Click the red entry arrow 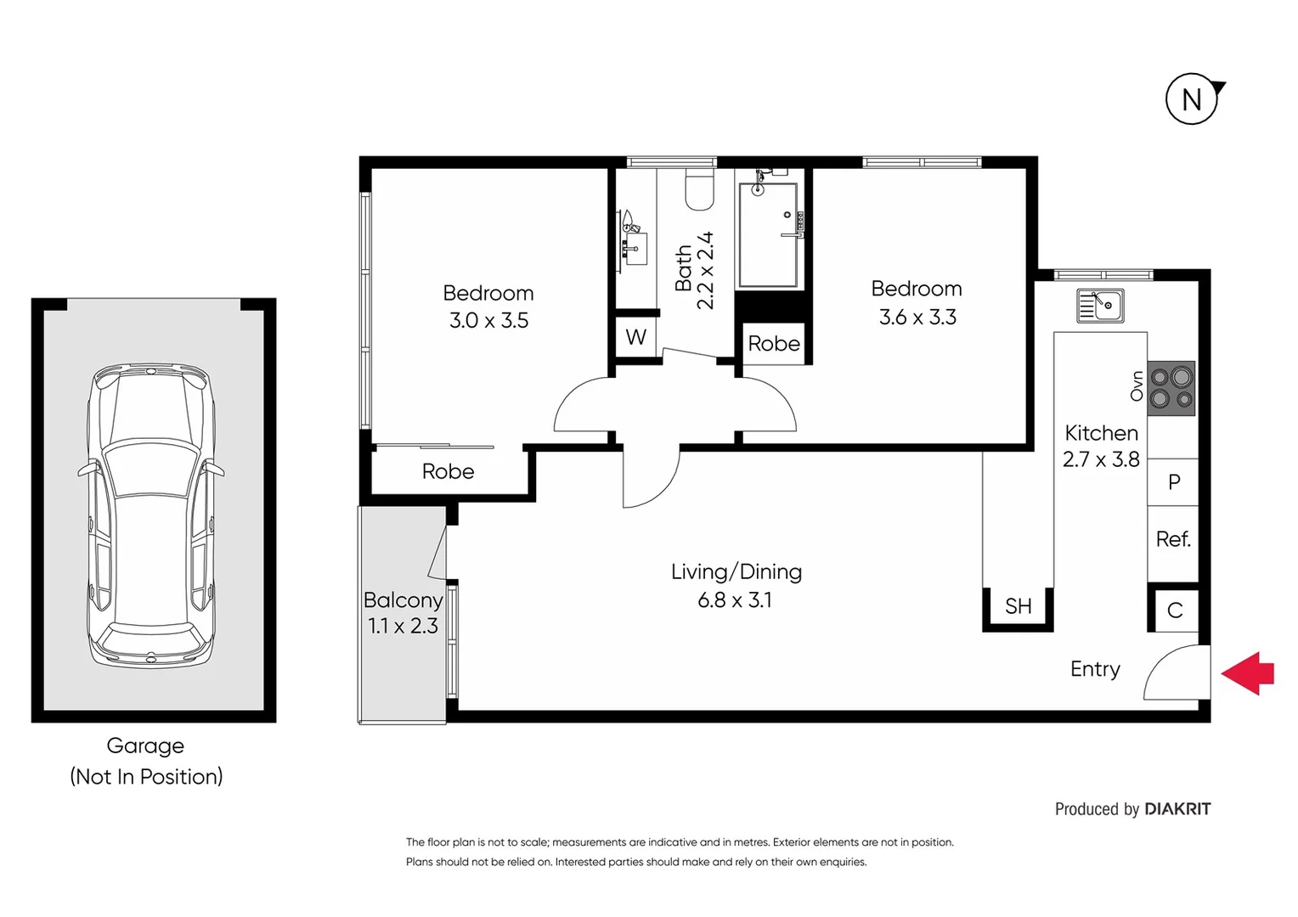[x=1249, y=673]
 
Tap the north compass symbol [x=1192, y=99]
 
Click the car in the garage [x=151, y=515]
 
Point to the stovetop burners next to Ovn [x=1171, y=388]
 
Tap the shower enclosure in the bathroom [x=768, y=235]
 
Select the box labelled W [x=636, y=337]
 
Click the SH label [x=1018, y=606]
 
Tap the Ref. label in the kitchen [x=1173, y=539]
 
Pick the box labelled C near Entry [x=1175, y=610]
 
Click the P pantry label [x=1174, y=482]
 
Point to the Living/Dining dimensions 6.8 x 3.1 [x=735, y=600]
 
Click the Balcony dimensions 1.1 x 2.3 [x=403, y=626]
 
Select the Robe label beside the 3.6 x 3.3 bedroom [x=774, y=344]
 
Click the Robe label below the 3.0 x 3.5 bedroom [x=448, y=471]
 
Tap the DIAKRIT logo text [x=1177, y=809]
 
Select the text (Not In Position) [x=146, y=776]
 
